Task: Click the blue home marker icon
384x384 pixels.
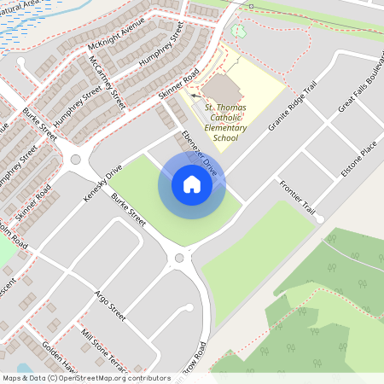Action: (192, 184)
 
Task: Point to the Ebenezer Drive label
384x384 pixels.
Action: (200, 154)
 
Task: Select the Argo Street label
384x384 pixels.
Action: (108, 305)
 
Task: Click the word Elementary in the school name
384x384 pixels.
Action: (226, 127)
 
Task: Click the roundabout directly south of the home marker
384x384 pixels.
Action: (179, 258)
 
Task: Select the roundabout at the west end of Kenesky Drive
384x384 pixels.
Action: (75, 159)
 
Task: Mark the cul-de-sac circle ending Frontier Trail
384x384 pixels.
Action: (319, 219)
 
